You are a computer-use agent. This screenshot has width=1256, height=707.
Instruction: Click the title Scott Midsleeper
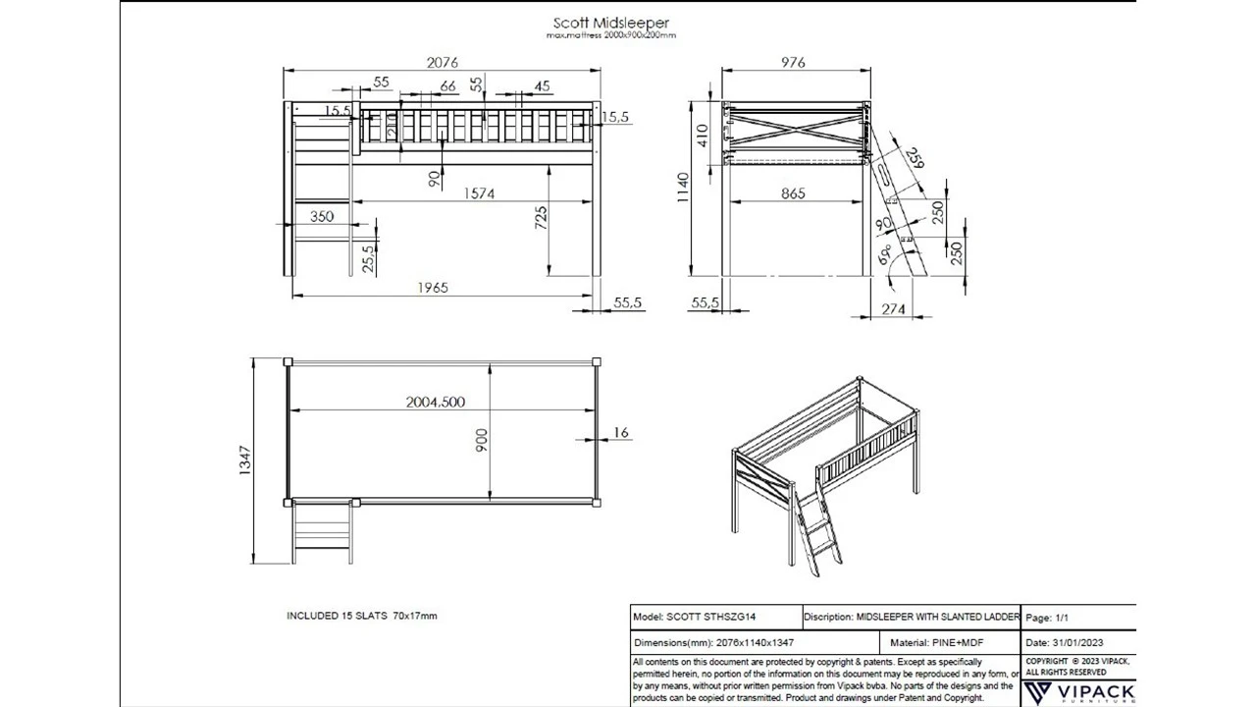point(610,23)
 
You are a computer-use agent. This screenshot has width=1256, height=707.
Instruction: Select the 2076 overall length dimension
point(442,63)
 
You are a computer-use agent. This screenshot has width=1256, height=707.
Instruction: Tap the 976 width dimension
point(793,63)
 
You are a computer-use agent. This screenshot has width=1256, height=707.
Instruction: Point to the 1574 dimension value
point(479,193)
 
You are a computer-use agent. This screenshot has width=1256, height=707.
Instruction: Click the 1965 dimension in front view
point(433,288)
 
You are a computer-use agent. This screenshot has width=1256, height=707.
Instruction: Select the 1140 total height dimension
point(683,189)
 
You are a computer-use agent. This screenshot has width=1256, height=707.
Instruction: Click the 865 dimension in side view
point(793,193)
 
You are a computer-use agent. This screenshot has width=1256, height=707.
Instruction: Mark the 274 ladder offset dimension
point(893,308)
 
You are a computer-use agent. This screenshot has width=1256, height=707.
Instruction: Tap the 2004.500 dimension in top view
point(436,402)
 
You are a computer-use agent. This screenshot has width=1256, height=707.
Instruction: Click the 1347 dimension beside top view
point(245,462)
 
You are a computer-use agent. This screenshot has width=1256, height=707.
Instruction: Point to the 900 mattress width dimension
point(482,440)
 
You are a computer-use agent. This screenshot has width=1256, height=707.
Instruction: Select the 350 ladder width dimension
point(322,216)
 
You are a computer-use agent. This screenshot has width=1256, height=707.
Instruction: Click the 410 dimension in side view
point(702,135)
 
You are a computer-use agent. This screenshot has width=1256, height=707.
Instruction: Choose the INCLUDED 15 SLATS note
point(361,616)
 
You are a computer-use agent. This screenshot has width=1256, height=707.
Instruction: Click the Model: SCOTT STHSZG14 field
point(697,618)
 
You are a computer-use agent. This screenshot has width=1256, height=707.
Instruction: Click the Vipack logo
point(1078,692)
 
